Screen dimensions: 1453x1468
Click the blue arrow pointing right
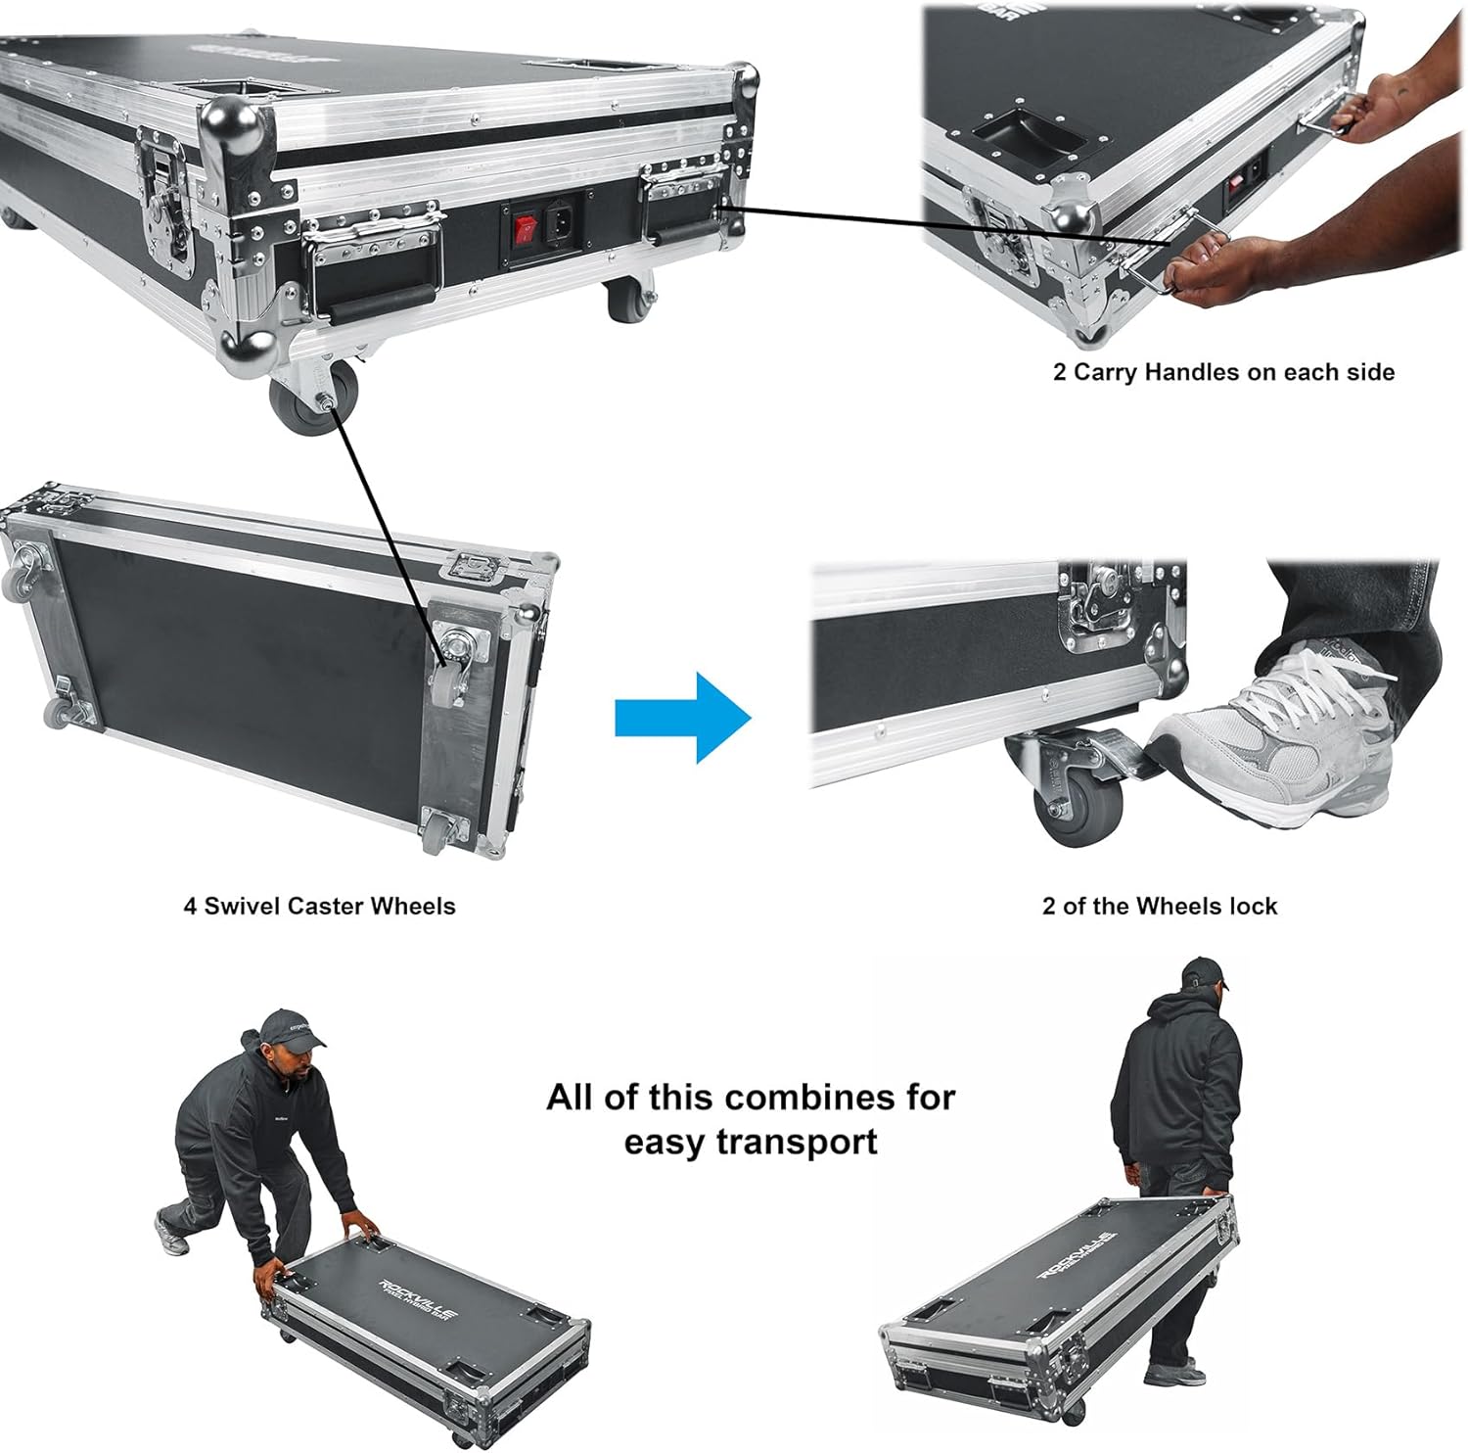682,718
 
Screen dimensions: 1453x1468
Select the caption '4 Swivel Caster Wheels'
319,906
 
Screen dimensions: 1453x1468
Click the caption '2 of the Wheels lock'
1160,907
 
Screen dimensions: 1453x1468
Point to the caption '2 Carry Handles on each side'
1223,372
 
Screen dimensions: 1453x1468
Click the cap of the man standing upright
1203,974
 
